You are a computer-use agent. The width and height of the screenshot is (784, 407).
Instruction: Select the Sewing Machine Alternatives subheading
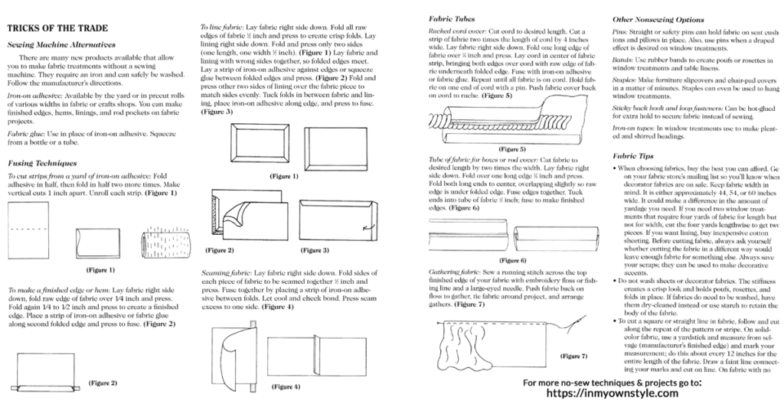[61, 45]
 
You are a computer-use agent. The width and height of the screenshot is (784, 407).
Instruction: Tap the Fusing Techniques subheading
[41, 163]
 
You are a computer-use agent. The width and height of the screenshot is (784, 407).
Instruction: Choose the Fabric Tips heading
[632, 155]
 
